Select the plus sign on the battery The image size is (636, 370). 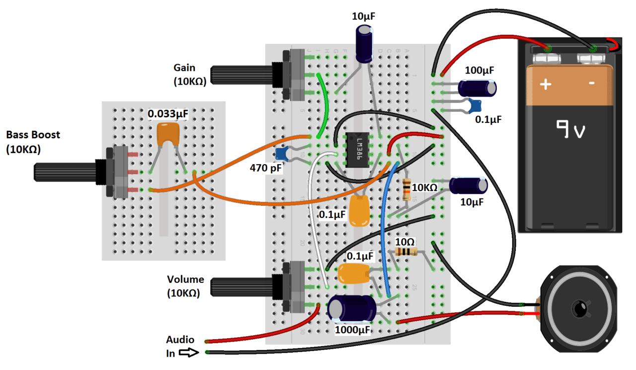pos(546,84)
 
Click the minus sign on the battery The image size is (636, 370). pos(592,83)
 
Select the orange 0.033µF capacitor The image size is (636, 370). pos(168,134)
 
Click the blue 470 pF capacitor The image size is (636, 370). pos(282,155)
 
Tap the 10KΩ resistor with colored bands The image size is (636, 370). pos(407,189)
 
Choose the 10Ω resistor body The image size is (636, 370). pos(406,252)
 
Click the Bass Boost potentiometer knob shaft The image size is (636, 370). pos(65,172)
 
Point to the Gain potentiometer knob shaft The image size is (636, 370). pos(241,75)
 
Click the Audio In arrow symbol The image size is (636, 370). pos(188,353)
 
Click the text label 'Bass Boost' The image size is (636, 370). pos(33,135)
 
